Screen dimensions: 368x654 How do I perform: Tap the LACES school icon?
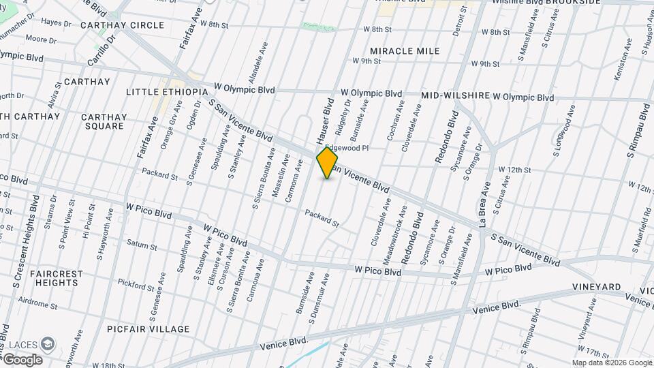click(48, 343)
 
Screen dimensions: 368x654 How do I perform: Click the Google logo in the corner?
click(22, 359)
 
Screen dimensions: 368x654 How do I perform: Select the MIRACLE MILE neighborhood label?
click(405, 51)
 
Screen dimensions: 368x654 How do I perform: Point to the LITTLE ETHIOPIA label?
click(166, 91)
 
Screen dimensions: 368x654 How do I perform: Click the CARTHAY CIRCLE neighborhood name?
click(122, 25)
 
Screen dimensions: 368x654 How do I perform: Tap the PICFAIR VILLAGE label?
click(148, 329)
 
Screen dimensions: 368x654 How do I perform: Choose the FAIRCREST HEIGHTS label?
click(57, 278)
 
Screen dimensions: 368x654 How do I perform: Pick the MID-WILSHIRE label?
click(456, 95)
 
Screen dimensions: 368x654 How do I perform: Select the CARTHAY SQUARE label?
click(103, 121)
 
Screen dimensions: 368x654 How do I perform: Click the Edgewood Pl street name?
click(347, 148)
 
